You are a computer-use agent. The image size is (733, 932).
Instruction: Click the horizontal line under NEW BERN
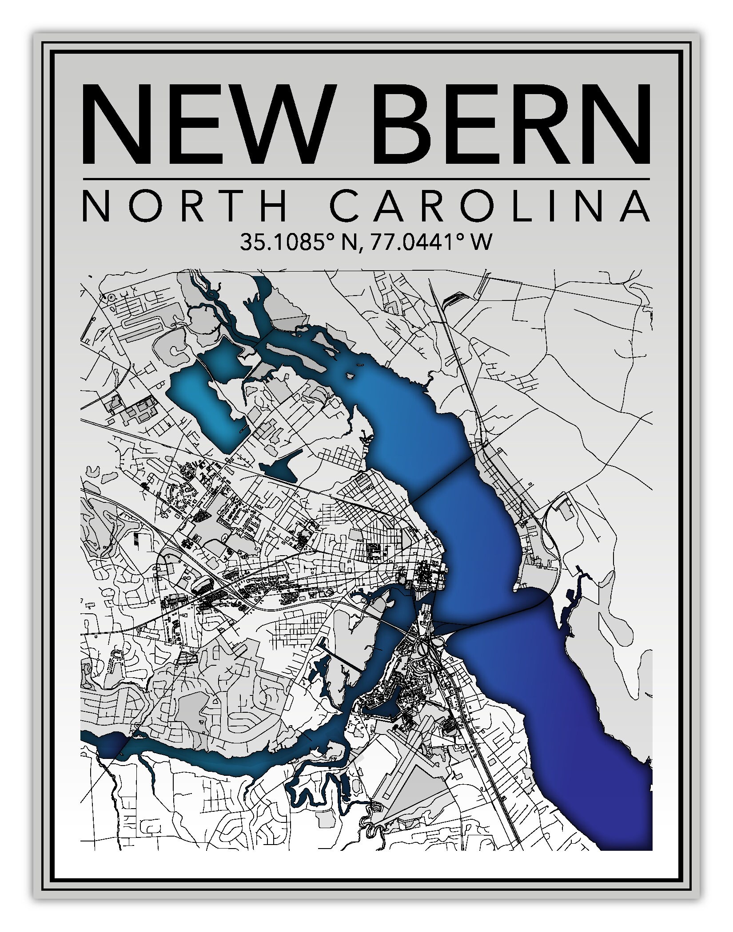[366, 179]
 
